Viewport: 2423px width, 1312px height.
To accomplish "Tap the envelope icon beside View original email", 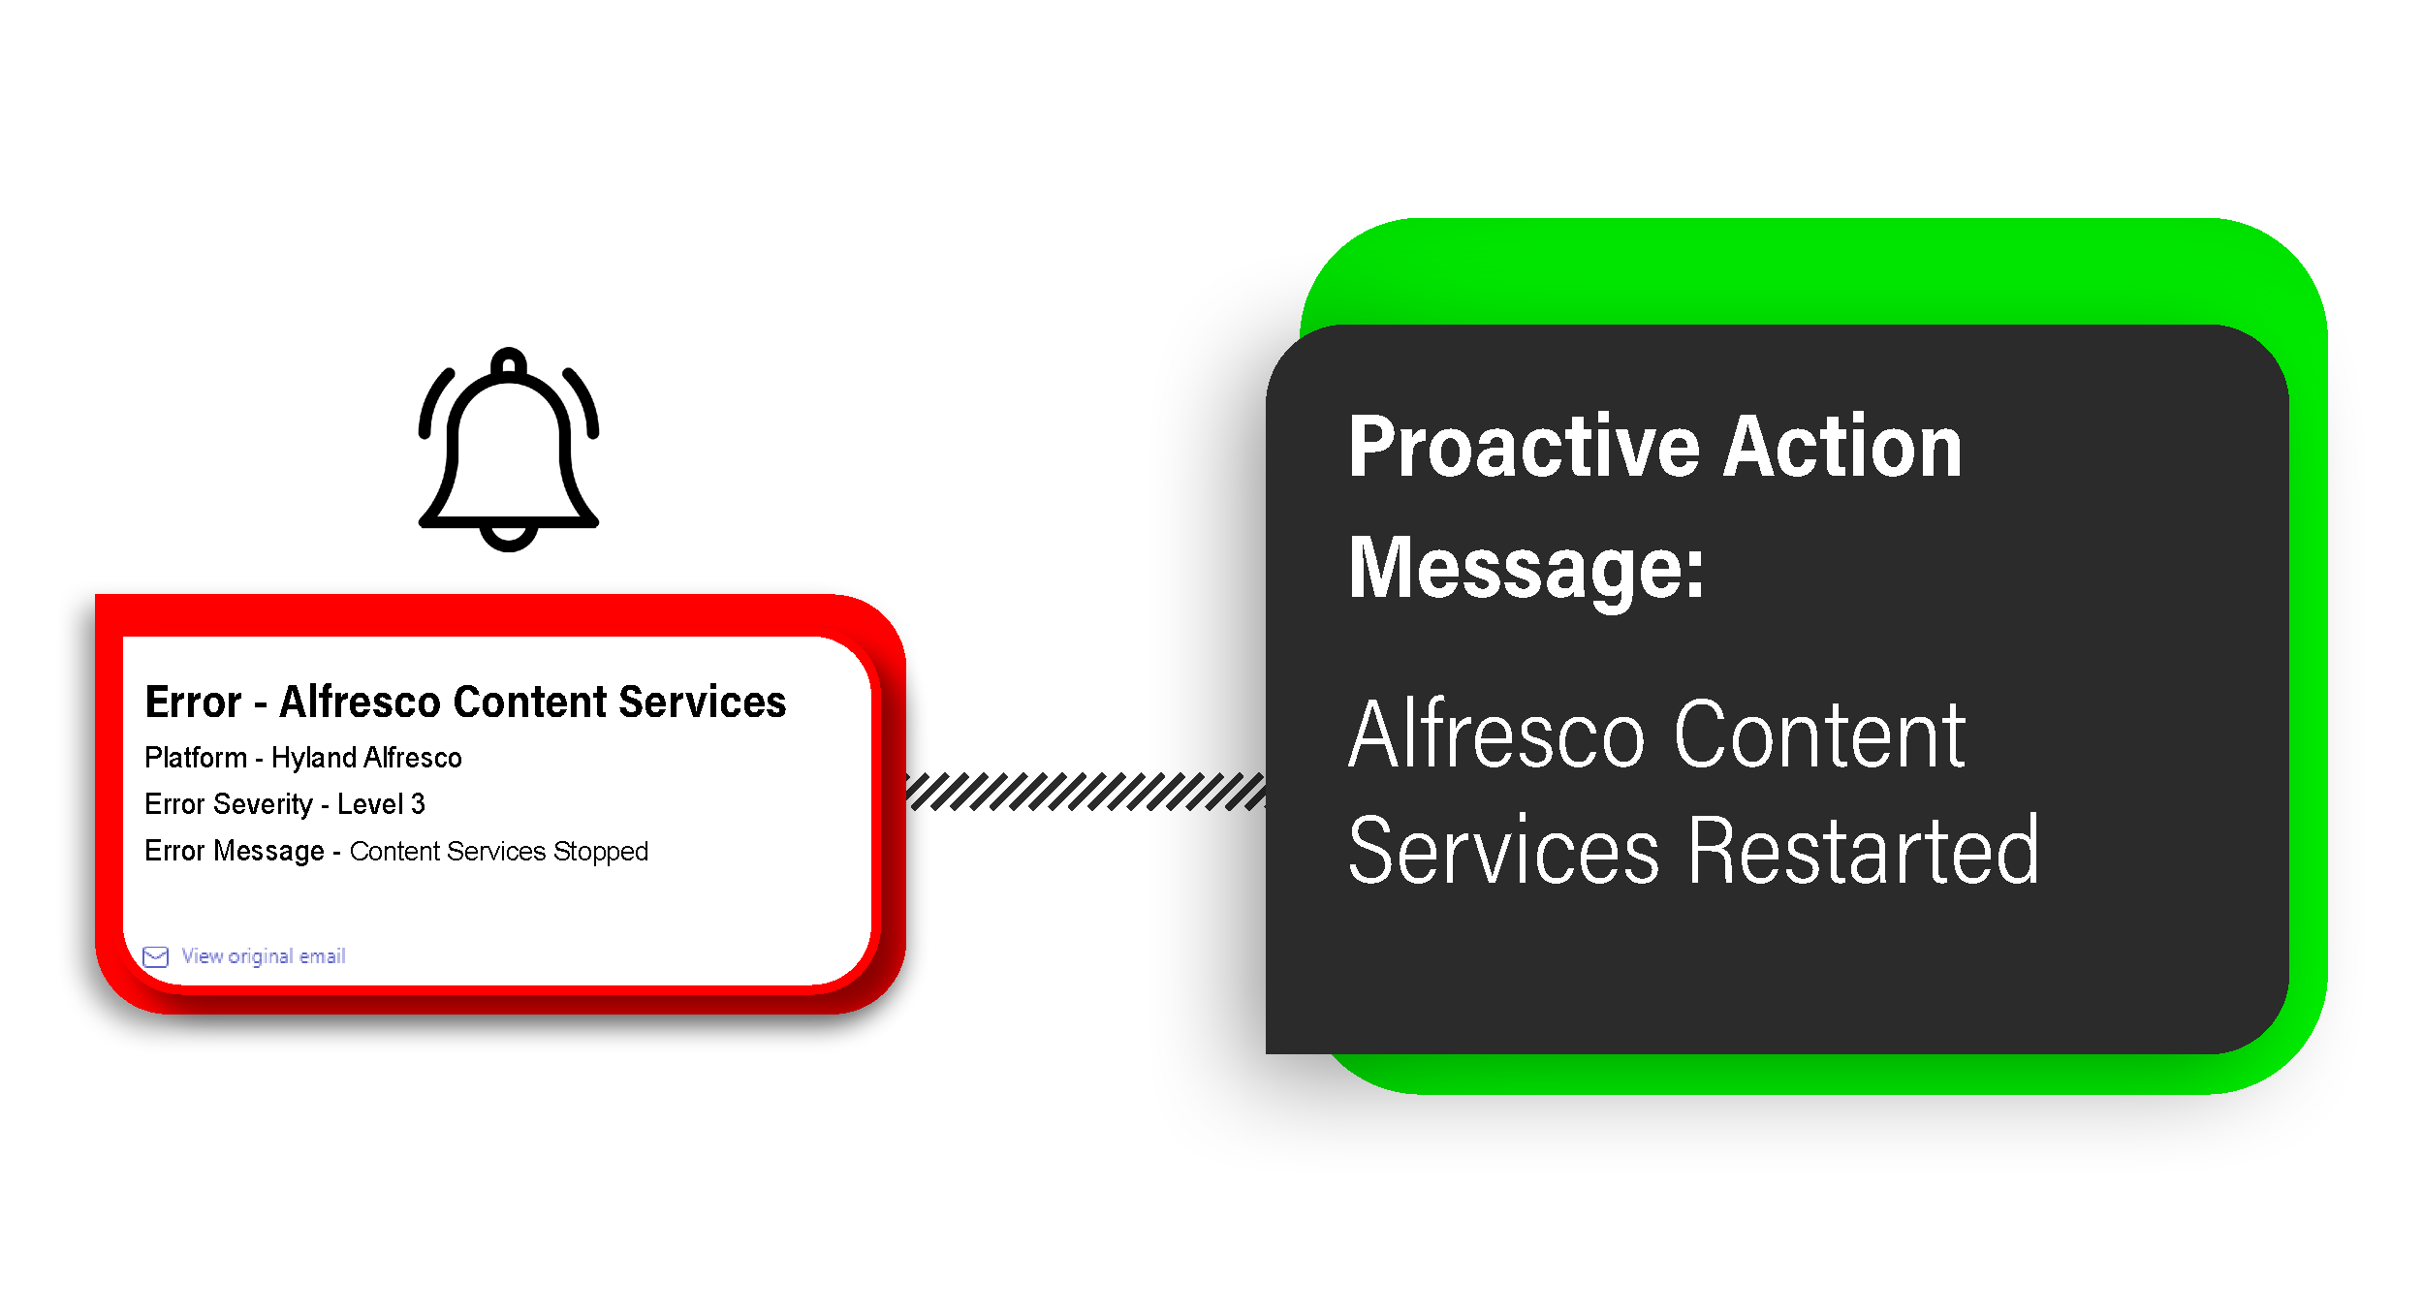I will tap(155, 957).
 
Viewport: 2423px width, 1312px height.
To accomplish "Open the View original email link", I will tap(263, 956).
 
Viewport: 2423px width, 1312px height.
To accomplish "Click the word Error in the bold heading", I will tap(193, 703).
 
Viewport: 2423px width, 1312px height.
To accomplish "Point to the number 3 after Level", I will tap(418, 804).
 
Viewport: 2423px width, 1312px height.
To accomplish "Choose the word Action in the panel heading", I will tap(1842, 448).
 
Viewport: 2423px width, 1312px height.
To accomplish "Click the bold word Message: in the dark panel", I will tap(1526, 570).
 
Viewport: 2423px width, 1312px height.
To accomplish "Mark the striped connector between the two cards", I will tap(1086, 792).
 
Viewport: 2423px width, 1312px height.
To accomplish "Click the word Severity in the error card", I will tap(263, 804).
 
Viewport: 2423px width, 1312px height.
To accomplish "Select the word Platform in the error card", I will tap(196, 758).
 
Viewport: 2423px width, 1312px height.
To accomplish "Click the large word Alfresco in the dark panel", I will tap(1496, 736).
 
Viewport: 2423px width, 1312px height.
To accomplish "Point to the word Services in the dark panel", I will tap(1503, 852).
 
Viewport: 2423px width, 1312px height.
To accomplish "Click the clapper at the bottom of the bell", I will tap(509, 539).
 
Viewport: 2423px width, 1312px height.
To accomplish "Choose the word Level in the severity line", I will tap(369, 804).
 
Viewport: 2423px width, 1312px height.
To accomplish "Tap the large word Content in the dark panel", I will tap(1819, 736).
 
